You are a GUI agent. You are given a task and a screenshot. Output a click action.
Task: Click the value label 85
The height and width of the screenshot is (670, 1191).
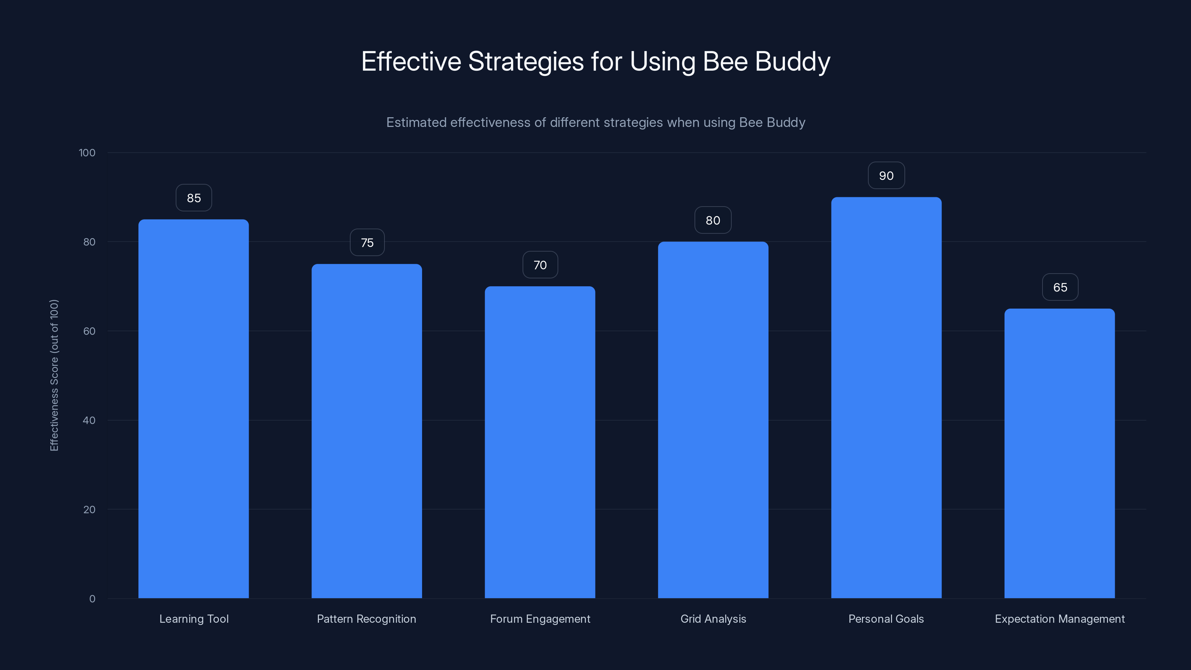pyautogui.click(x=194, y=198)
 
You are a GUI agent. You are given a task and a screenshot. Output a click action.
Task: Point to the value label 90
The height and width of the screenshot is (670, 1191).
pyautogui.click(x=886, y=176)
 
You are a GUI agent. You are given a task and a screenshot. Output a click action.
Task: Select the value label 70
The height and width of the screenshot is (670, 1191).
pyautogui.click(x=540, y=265)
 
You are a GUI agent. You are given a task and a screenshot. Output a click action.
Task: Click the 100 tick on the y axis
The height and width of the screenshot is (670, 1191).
pyautogui.click(x=87, y=153)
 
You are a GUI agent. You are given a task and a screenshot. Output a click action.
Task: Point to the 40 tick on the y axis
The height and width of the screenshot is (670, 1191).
pyautogui.click(x=89, y=420)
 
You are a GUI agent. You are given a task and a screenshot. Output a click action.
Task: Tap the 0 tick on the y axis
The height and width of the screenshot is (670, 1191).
pyautogui.click(x=92, y=599)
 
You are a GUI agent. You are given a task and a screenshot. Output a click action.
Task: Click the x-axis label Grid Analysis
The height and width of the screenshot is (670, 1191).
pyautogui.click(x=713, y=619)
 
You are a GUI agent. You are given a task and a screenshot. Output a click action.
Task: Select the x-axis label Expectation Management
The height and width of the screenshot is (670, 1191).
pyautogui.click(x=1060, y=619)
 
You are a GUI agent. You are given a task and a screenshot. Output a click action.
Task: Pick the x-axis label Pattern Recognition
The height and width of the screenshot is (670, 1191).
pyautogui.click(x=367, y=619)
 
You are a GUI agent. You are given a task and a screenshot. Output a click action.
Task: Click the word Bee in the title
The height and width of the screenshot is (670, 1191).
pyautogui.click(x=725, y=61)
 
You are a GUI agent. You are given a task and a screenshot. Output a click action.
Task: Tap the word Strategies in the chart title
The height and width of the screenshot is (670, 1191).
pyautogui.click(x=526, y=62)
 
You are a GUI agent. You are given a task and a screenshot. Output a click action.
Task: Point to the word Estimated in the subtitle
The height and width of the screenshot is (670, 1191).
pyautogui.click(x=416, y=122)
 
